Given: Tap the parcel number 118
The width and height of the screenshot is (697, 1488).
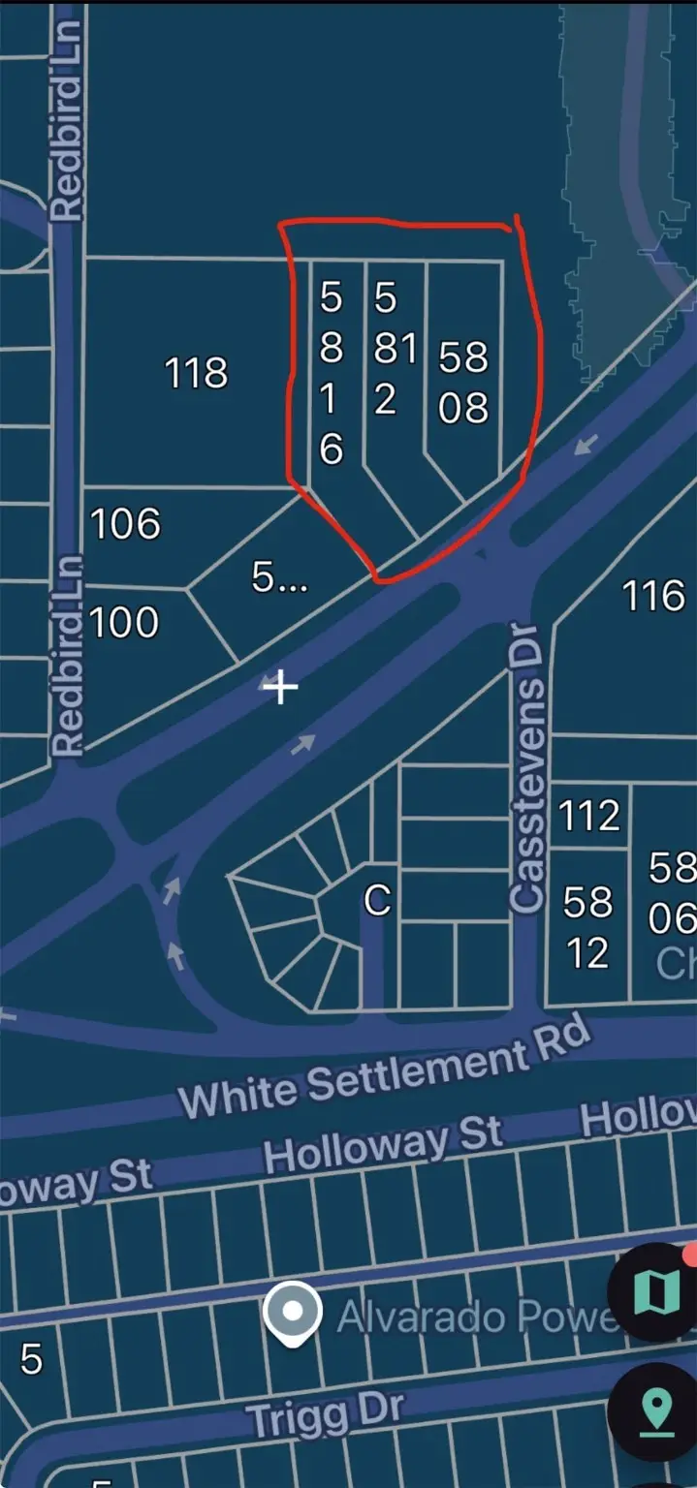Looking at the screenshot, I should coord(197,372).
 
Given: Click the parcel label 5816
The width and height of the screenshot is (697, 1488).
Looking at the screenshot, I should coord(332,374).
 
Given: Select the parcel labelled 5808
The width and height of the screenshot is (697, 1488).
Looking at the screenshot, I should coord(463,383).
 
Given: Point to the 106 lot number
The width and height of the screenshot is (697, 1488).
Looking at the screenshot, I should coord(125,524).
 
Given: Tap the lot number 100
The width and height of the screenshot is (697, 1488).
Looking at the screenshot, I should coord(124,622).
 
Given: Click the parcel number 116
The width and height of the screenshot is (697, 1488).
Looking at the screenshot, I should coord(654,595).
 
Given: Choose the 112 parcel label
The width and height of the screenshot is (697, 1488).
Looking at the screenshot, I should coord(589,816).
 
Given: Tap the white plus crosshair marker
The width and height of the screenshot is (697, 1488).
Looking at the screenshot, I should coord(281,688).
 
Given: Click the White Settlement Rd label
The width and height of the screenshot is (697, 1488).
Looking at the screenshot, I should coord(385,1070).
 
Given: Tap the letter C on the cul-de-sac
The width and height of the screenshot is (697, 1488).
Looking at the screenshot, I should coord(377,901).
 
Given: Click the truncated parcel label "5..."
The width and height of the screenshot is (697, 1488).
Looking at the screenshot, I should coord(279,578).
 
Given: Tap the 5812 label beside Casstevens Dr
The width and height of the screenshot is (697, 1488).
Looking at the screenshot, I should coord(588,928).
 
